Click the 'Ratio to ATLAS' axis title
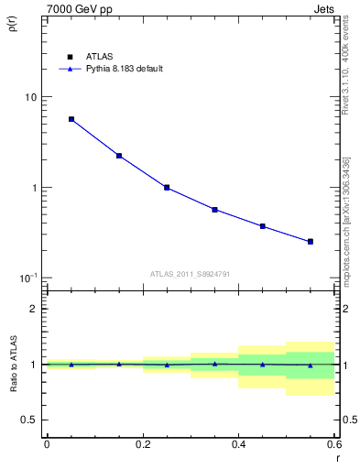point(12,365)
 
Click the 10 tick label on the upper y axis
point(31,97)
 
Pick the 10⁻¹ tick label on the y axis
point(29,278)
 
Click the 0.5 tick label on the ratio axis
point(29,420)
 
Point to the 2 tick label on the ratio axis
point(34,309)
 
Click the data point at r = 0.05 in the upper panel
point(71,119)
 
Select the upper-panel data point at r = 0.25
point(167,187)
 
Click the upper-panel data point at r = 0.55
point(311,242)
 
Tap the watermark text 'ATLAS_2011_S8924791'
point(190,273)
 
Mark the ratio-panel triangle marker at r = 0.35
point(214,364)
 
